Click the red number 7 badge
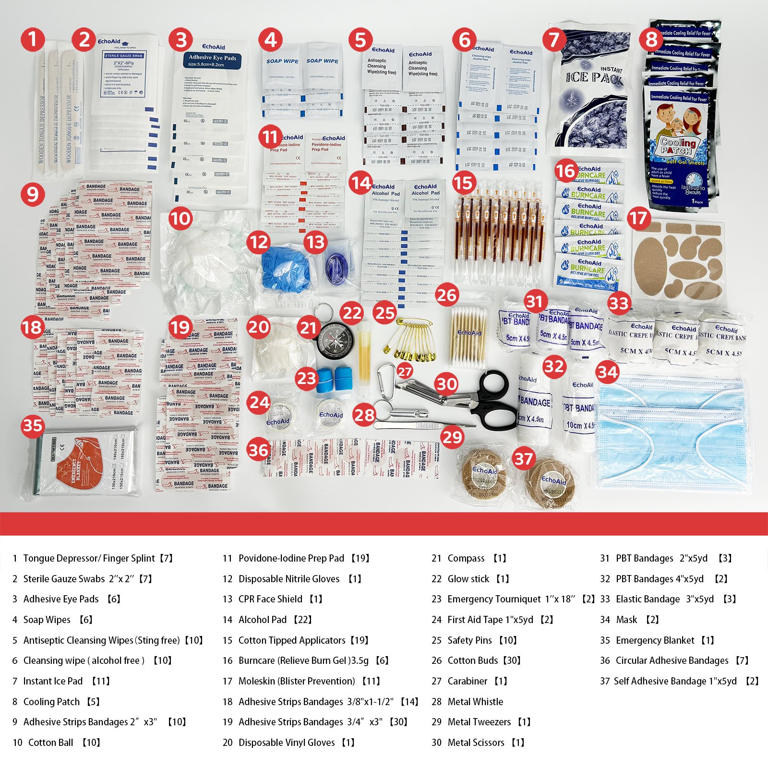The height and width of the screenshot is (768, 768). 554,39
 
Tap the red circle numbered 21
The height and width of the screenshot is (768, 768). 308,328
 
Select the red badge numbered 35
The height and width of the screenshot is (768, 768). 33,425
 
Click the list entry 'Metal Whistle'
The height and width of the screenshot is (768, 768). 475,702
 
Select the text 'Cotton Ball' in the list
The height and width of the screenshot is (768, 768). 51,743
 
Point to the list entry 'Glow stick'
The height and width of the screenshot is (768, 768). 468,579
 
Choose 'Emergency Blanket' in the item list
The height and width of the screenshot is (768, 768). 655,640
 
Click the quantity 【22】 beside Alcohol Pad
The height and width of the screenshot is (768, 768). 302,620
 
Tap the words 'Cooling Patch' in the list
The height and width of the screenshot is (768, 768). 51,702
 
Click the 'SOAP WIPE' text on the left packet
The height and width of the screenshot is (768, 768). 282,61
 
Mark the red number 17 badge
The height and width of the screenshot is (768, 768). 638,218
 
